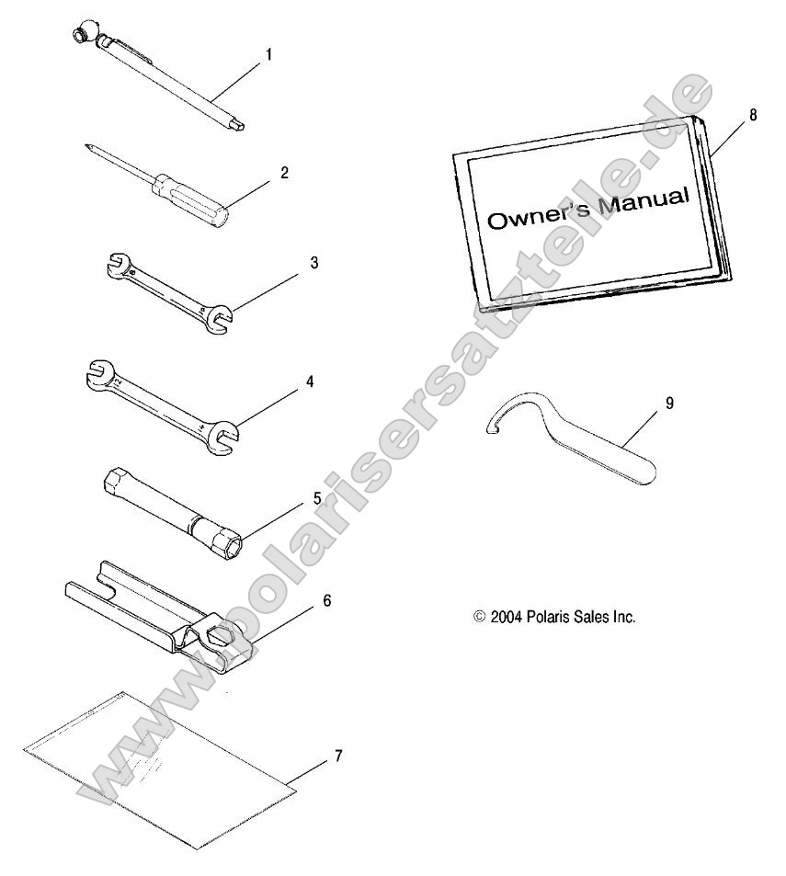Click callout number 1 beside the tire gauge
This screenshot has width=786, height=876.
click(268, 55)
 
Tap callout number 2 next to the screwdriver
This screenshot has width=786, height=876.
click(284, 173)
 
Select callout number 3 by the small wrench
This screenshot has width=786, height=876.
click(314, 263)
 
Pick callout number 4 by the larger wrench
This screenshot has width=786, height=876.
click(310, 381)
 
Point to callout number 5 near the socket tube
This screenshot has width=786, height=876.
click(317, 498)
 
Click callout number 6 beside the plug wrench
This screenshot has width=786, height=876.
click(326, 600)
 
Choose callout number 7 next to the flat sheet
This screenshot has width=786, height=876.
click(338, 757)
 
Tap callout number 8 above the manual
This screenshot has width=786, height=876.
click(753, 115)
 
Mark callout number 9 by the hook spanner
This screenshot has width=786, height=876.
click(669, 404)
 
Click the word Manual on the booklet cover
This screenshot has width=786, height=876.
click(643, 201)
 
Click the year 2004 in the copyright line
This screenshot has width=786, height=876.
click(507, 617)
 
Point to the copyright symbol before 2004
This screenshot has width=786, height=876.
click(479, 616)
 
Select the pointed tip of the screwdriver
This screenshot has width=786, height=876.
click(88, 146)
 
